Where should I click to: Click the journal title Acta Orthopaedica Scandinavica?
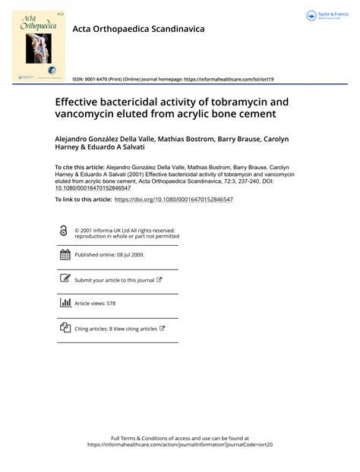pyautogui.click(x=138, y=29)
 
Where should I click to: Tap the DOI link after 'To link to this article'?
pyautogui.click(x=173, y=199)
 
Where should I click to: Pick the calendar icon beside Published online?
pyautogui.click(x=64, y=255)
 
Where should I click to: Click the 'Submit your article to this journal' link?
pyautogui.click(x=115, y=280)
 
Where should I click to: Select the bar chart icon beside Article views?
pyautogui.click(x=64, y=303)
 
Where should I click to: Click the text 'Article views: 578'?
pyautogui.click(x=95, y=304)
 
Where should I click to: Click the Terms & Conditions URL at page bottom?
pyautogui.click(x=179, y=445)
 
